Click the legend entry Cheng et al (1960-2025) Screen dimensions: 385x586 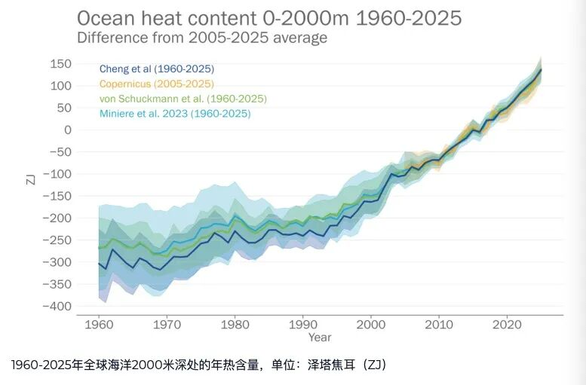[156, 69]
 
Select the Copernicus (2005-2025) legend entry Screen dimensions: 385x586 [156, 84]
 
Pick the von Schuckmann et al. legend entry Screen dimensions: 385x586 [183, 99]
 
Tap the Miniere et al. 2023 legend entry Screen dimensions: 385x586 [175, 114]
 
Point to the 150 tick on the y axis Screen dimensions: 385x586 [61, 63]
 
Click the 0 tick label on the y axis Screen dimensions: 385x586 [68, 130]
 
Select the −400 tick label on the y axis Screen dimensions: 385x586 [58, 306]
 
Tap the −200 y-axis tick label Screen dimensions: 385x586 [58, 218]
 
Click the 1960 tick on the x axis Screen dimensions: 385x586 [98, 325]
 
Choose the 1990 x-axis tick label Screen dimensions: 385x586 [302, 325]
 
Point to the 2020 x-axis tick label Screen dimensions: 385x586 [506, 325]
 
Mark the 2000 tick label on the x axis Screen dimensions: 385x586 [370, 325]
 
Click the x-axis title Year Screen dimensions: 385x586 [319, 337]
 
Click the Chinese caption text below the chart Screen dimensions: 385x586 [199, 365]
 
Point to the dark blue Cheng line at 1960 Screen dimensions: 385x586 [99, 263]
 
